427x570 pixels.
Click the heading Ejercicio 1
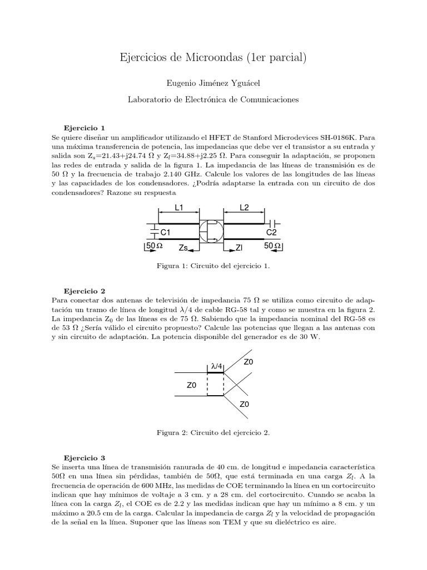click(85, 127)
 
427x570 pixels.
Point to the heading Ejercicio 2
click(85, 291)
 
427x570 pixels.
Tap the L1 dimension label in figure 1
click(178, 208)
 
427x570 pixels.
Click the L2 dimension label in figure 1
click(244, 208)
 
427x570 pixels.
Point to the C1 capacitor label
click(165, 232)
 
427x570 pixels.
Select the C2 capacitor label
click(271, 232)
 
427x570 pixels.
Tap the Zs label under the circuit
click(186, 247)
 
